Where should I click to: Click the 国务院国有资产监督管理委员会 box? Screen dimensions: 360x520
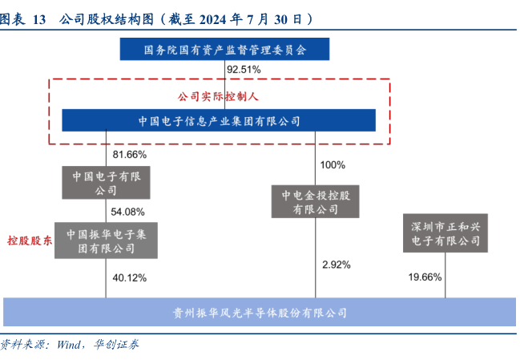click(225, 50)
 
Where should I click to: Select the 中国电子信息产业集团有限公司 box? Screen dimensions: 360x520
click(219, 121)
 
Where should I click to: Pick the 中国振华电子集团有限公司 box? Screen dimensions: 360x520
click(106, 241)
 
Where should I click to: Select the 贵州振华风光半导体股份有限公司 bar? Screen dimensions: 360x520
click(260, 312)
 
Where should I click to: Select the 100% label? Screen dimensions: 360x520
click(333, 165)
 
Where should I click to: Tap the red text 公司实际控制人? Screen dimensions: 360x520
click(220, 96)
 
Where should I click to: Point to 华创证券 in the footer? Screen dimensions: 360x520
click(115, 345)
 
